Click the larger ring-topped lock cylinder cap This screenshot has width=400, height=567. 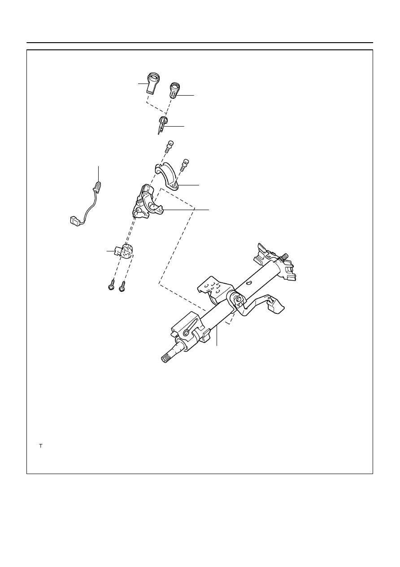point(153,84)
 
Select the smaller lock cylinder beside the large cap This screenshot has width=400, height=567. point(174,90)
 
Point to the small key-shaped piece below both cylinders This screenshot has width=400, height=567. point(161,124)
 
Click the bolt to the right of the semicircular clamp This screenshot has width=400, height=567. point(185,165)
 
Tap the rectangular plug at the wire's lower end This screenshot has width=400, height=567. point(75,221)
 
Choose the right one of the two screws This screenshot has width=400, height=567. point(122,286)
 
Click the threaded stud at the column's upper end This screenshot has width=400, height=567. point(284,256)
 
